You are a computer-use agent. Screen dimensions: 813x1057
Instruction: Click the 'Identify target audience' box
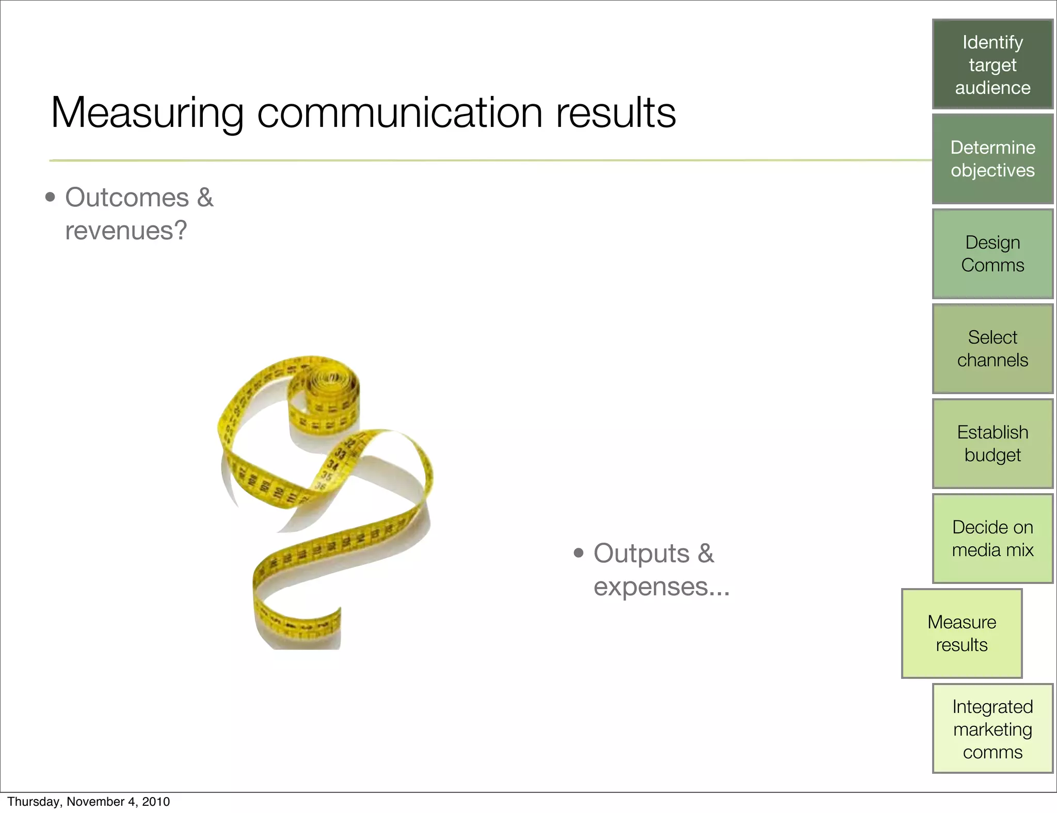pos(992,64)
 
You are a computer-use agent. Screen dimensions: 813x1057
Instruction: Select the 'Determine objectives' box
pos(992,159)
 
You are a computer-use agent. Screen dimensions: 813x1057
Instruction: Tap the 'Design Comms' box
pos(992,254)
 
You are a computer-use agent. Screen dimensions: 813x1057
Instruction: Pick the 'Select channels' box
pos(992,349)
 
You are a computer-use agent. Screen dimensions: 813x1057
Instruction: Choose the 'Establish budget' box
pos(992,444)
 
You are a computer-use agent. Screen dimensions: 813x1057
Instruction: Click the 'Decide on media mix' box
pos(992,539)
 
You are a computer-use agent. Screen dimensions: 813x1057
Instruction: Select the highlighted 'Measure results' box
pos(962,633)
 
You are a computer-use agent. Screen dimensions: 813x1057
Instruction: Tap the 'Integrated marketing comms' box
pos(992,728)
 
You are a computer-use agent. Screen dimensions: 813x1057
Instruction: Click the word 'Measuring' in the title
pos(147,113)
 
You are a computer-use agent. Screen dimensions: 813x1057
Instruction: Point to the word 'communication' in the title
pos(399,113)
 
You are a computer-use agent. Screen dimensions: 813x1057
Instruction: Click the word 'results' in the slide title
pos(615,113)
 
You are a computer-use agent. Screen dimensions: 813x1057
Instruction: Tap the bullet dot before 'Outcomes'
pos(50,198)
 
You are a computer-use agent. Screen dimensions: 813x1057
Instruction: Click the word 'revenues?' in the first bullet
pos(126,231)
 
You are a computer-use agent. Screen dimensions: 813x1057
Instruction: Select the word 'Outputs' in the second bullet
pos(641,554)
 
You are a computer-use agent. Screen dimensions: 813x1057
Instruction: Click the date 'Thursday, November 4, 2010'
pos(88,802)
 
